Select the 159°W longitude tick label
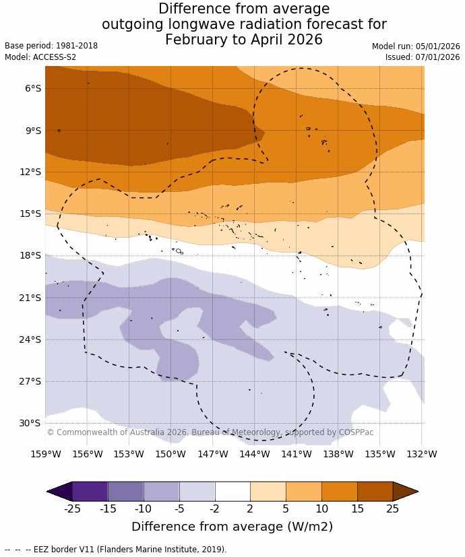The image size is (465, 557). (x=46, y=454)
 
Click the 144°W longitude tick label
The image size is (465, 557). (x=255, y=454)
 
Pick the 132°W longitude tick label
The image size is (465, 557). (x=422, y=454)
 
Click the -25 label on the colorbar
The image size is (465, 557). (x=72, y=509)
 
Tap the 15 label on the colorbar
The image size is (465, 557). (x=357, y=509)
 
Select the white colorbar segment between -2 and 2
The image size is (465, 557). (x=232, y=491)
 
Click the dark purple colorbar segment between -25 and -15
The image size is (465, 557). (x=90, y=491)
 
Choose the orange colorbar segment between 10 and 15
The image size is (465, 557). (x=339, y=491)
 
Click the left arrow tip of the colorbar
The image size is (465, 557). (x=49, y=491)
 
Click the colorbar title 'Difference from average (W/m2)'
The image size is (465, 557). (x=232, y=527)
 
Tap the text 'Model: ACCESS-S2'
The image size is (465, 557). (x=40, y=57)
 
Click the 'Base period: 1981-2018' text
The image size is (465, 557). (x=51, y=46)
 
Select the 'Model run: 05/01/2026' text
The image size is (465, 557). (x=416, y=46)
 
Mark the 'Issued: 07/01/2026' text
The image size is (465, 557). (x=423, y=57)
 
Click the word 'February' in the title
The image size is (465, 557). (x=196, y=40)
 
